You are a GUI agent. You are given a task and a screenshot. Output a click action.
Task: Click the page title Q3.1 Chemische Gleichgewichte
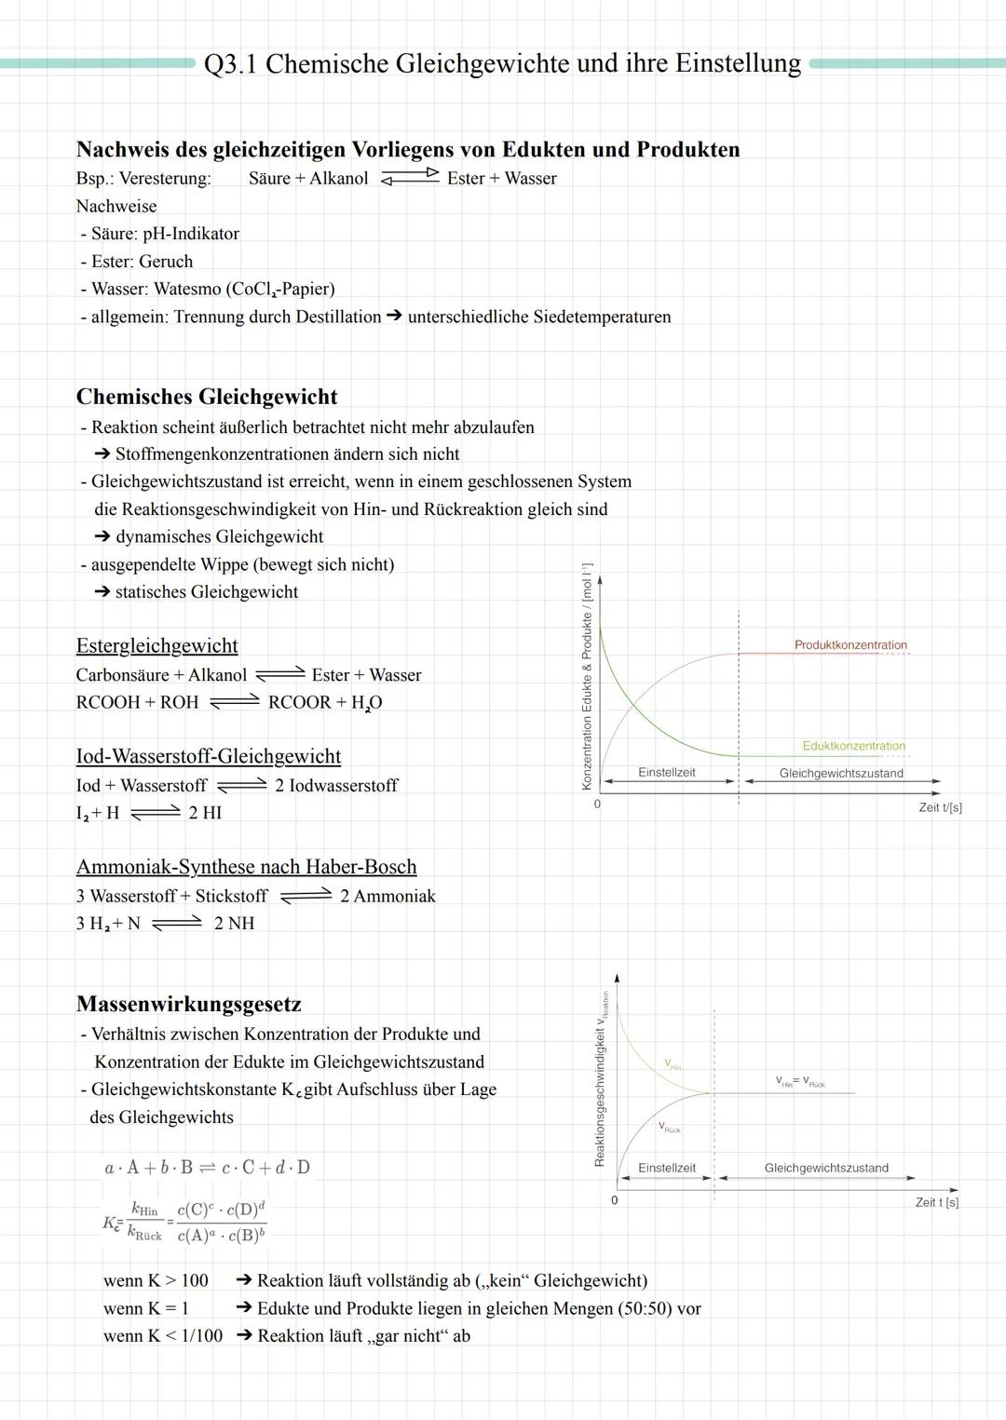502,63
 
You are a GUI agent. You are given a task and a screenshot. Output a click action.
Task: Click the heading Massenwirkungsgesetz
188,1004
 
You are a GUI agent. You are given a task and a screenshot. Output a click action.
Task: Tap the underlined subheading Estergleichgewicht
156,645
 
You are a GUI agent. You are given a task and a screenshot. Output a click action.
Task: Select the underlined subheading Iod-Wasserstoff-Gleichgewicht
208,756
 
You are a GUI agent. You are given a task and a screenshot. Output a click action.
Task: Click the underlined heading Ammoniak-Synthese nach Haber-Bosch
246,867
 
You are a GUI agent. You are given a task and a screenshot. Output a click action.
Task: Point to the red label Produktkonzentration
850,645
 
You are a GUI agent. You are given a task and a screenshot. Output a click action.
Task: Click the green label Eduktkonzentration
853,746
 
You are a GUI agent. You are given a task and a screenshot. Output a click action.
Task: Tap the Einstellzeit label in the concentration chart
666,772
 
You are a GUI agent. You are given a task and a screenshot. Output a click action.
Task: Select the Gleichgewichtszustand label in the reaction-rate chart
825,1168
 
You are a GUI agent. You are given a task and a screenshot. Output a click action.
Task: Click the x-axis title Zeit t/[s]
940,807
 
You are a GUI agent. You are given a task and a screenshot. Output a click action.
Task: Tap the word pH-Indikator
191,234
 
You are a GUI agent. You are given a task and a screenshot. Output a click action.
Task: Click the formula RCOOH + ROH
137,702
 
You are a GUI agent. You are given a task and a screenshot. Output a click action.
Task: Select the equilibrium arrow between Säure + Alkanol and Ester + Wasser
410,178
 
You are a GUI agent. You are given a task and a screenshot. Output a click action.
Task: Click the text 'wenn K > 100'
156,1280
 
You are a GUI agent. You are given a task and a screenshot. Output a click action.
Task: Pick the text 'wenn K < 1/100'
163,1335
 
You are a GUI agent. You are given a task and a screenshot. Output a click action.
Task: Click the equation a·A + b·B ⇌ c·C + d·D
207,1168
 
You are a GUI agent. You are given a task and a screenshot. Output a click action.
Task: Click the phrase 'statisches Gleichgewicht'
206,591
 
